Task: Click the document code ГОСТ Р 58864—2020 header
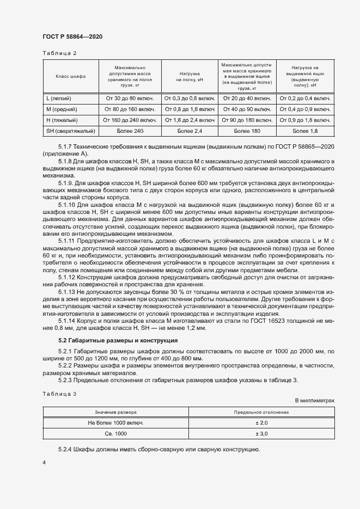[x=72, y=36]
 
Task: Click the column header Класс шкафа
[x=70, y=77]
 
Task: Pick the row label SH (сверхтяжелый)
[x=71, y=131]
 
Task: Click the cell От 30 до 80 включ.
[x=130, y=99]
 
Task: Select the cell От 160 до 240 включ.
[x=130, y=120]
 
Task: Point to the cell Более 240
[x=130, y=131]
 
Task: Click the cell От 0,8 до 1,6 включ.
[x=189, y=109]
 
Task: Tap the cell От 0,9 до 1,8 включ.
[x=304, y=120]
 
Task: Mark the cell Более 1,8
[x=304, y=131]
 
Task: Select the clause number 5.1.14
[x=67, y=322]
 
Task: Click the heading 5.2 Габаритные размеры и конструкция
[x=111, y=341]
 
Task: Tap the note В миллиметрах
[x=314, y=400]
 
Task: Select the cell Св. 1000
[x=115, y=434]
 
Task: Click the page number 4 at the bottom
[x=44, y=462]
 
